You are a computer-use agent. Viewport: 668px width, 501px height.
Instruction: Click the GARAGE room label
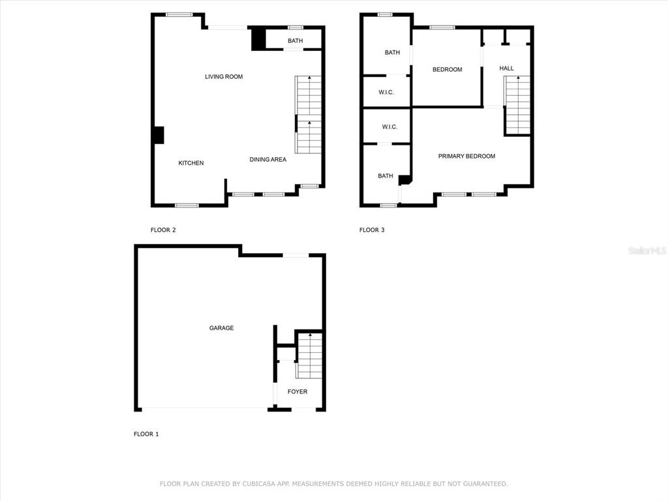click(x=221, y=328)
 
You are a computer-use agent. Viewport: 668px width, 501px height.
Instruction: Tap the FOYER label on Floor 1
click(x=297, y=391)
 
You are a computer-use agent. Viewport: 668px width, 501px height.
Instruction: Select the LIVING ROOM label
click(x=224, y=77)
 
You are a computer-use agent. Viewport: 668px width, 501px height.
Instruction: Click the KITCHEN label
click(x=191, y=162)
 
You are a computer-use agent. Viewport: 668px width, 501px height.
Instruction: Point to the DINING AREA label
click(x=268, y=159)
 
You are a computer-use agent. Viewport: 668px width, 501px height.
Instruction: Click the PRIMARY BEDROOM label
click(x=466, y=157)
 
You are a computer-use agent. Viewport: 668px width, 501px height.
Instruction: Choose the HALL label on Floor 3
click(x=506, y=68)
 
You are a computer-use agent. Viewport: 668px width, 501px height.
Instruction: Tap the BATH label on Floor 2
click(x=296, y=41)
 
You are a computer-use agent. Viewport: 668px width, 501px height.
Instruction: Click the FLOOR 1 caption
click(x=146, y=434)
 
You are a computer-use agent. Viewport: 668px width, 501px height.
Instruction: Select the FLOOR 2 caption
click(x=163, y=230)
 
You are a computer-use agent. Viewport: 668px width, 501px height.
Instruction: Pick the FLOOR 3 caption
click(x=372, y=230)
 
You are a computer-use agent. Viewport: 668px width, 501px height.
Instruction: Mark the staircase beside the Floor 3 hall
click(x=517, y=105)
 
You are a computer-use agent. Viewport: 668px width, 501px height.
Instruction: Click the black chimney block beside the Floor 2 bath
click(x=258, y=39)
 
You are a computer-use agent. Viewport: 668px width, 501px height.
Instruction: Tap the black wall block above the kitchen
click(x=159, y=135)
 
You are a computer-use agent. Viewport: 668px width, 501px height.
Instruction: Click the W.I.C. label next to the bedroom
click(x=386, y=93)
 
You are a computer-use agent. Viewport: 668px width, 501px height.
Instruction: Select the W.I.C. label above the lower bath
click(x=390, y=127)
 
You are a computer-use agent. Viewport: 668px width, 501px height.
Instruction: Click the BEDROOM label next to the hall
click(x=448, y=69)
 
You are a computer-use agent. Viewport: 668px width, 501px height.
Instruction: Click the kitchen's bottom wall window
click(x=187, y=205)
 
